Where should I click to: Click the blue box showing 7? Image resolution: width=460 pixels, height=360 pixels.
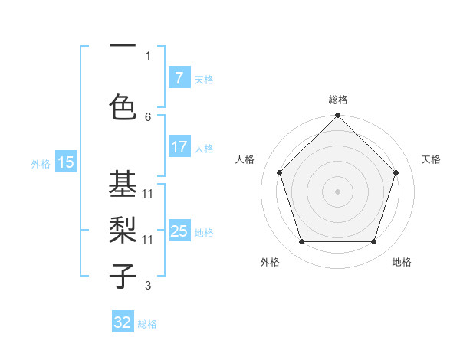click(x=179, y=78)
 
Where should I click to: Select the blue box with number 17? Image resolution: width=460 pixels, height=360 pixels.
click(x=179, y=147)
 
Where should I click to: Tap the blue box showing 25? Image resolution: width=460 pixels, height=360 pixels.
click(x=179, y=231)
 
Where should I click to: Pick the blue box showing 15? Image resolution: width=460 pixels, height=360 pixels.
click(x=66, y=162)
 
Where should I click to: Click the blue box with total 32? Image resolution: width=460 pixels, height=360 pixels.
click(x=123, y=323)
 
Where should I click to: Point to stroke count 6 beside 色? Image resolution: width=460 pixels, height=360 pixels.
click(x=148, y=116)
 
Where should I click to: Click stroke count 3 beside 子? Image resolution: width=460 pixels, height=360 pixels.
click(x=148, y=286)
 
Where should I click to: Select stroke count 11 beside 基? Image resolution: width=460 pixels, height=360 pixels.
click(x=148, y=194)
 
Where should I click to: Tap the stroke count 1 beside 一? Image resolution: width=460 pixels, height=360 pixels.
click(x=148, y=55)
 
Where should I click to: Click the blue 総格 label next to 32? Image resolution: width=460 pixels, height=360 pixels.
click(x=147, y=324)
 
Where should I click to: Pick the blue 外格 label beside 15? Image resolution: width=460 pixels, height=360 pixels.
click(x=40, y=163)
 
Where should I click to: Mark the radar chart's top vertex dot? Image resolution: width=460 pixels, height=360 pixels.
click(x=337, y=117)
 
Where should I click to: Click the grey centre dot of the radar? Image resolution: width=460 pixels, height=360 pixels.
click(x=337, y=191)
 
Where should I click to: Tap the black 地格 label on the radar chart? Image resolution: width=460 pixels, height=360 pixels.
click(x=402, y=262)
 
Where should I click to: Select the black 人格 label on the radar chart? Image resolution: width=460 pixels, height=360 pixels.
click(x=245, y=159)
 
